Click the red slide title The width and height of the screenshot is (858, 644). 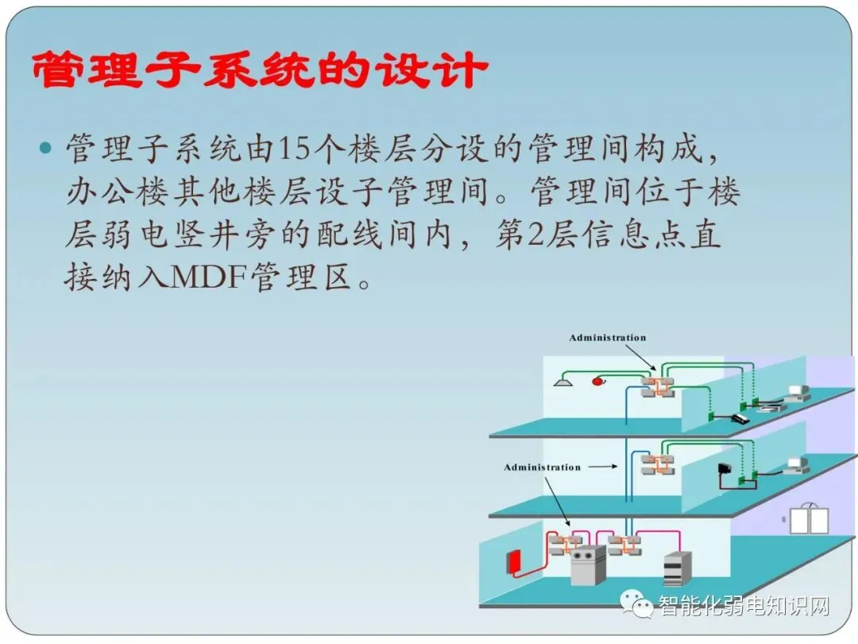[x=259, y=70]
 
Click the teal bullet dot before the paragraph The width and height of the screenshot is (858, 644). [x=47, y=148]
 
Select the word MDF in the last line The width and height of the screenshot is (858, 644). [x=209, y=277]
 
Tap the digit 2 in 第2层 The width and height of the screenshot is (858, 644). [x=535, y=235]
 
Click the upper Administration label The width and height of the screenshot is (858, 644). [x=608, y=338]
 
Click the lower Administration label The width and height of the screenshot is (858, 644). [x=542, y=467]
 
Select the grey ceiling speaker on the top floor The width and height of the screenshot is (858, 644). [x=563, y=379]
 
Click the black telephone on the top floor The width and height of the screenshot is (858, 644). [x=740, y=419]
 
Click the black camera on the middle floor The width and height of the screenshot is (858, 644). [x=725, y=469]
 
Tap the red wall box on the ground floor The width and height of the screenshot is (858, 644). [x=513, y=562]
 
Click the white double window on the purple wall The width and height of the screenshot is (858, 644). [x=810, y=519]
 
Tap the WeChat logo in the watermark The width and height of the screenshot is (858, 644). [x=636, y=604]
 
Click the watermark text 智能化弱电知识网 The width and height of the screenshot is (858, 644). [x=744, y=606]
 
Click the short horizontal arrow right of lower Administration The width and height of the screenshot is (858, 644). [x=602, y=467]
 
